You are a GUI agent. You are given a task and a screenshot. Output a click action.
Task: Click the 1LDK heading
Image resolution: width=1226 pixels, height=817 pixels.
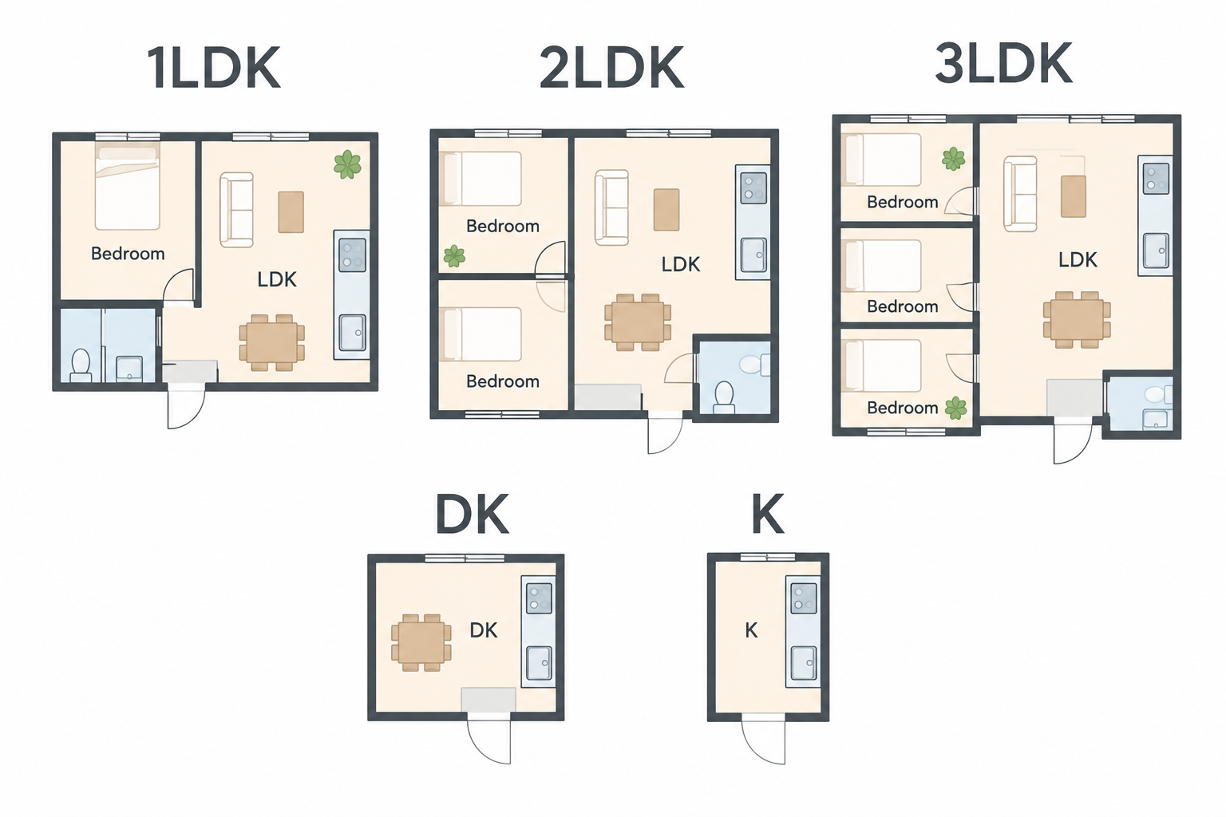(214, 68)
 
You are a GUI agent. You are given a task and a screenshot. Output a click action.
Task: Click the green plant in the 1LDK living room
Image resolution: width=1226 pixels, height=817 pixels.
(347, 164)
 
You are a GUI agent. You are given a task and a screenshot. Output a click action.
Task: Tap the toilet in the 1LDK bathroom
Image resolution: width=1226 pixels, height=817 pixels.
(81, 365)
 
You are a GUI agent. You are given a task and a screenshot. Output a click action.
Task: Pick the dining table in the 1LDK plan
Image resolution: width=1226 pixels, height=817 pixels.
(272, 342)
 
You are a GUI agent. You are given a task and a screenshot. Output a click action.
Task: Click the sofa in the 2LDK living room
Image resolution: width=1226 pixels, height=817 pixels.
(611, 207)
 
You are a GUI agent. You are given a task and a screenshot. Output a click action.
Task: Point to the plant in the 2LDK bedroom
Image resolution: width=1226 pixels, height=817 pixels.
(454, 255)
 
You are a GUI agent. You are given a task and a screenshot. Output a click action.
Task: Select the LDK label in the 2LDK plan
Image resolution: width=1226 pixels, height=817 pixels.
(680, 264)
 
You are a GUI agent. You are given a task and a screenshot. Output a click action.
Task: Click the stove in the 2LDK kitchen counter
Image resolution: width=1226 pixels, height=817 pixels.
(753, 187)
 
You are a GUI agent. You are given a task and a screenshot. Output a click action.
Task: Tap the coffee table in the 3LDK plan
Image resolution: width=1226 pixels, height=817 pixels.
(1074, 196)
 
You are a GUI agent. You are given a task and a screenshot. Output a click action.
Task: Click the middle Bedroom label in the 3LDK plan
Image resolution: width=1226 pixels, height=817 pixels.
(903, 306)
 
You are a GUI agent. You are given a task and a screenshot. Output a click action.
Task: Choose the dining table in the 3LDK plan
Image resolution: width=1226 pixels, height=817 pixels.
(1077, 320)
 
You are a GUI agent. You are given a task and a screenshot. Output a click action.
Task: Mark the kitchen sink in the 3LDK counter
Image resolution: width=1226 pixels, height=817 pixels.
(1156, 251)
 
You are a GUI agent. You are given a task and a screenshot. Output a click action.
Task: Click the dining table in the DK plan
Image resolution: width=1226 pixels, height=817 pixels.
(421, 642)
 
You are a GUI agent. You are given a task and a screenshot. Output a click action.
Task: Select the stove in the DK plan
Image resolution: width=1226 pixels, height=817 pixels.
(539, 598)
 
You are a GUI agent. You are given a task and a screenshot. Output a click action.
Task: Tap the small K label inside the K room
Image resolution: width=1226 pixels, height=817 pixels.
(751, 631)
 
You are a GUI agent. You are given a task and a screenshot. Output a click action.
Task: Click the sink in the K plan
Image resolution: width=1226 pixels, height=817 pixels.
(803, 663)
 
